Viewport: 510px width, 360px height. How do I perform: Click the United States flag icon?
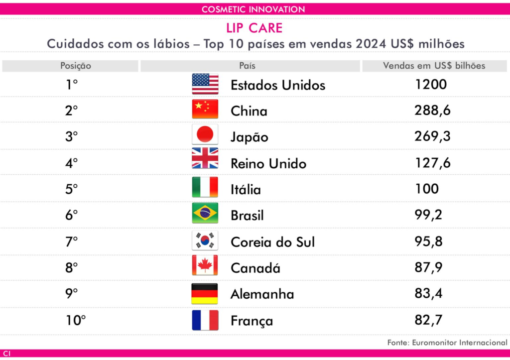205,84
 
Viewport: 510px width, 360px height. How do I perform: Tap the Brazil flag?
205,213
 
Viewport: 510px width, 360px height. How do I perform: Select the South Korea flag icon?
205,240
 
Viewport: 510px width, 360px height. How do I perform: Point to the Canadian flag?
205,266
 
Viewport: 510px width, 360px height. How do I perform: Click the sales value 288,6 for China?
432,110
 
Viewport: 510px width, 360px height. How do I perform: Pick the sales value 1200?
430,84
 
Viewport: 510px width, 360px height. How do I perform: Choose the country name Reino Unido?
268,163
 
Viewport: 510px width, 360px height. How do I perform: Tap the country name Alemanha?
262,294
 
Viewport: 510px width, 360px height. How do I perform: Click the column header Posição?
76,66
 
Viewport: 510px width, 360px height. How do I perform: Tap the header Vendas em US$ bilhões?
434,66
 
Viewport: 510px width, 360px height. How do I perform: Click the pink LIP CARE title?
254,28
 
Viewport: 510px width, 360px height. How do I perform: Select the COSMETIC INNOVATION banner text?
254,9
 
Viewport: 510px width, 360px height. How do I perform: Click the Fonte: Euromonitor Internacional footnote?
447,343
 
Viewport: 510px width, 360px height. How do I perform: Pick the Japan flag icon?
205,135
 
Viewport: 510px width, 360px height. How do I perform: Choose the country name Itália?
246,190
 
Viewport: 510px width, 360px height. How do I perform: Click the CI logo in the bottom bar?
6,354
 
